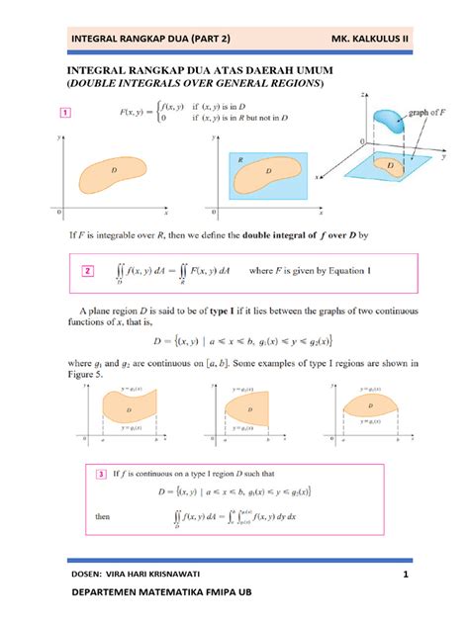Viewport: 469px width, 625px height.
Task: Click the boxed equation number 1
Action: [65, 113]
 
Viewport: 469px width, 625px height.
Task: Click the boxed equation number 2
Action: [90, 270]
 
